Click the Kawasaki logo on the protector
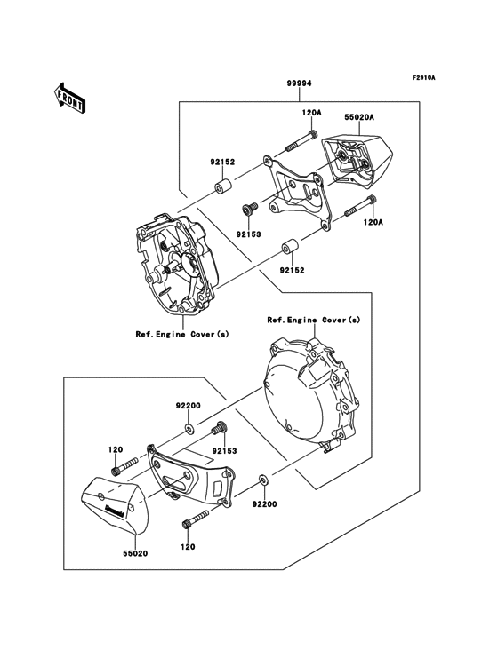pos(116,509)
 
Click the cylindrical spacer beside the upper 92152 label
pos(223,189)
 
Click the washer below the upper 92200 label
pos(190,428)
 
